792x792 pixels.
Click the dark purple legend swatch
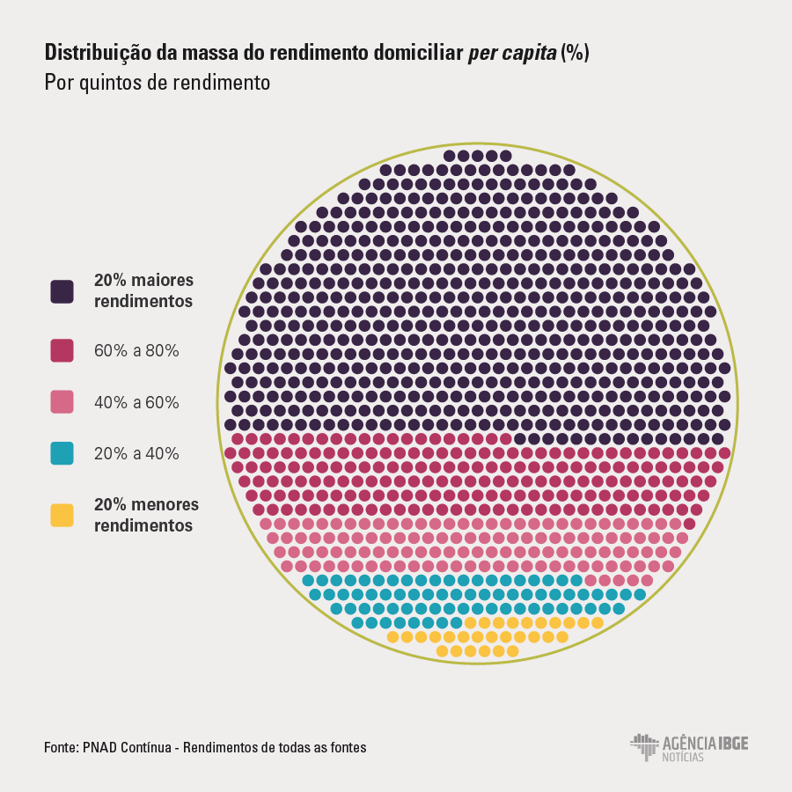62,292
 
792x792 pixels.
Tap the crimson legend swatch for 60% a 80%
62,350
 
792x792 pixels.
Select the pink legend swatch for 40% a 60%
62,402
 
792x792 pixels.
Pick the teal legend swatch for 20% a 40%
62,454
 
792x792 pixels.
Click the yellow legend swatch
62,516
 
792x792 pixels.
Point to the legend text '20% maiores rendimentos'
143,290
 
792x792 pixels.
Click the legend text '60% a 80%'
136,350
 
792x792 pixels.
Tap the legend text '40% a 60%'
136,402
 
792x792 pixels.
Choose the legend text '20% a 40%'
136,454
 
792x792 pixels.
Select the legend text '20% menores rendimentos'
146,515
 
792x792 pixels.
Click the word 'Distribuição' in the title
98,53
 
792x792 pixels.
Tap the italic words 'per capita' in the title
511,53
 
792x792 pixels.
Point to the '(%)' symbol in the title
575,53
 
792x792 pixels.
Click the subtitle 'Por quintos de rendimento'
157,84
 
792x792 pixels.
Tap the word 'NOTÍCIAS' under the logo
683,757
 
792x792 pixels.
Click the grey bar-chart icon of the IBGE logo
644,746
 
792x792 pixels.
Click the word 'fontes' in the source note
348,747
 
